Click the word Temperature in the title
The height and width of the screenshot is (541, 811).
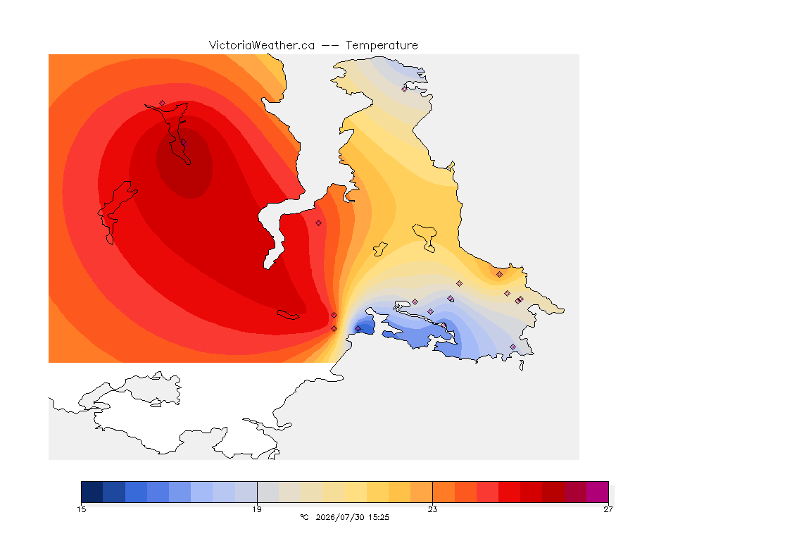tap(382, 46)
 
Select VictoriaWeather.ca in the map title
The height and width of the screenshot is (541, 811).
tap(262, 46)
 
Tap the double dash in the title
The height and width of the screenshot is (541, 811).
tap(330, 46)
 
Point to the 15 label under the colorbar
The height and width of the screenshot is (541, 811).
tap(81, 509)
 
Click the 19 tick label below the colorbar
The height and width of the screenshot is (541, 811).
tap(257, 509)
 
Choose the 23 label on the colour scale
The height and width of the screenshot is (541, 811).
tap(432, 509)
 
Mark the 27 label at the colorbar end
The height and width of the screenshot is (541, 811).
tap(608, 509)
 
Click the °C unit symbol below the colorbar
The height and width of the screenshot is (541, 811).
tap(304, 517)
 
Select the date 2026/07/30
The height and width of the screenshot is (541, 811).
tap(340, 517)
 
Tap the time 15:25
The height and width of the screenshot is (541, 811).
tap(379, 517)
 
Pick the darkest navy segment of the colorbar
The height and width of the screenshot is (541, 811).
tap(92, 492)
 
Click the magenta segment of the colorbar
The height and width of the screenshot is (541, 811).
tap(598, 492)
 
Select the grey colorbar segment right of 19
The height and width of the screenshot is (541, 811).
tap(268, 492)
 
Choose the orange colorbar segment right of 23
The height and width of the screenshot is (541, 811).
tap(444, 492)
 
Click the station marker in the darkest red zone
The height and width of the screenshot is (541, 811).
tap(183, 142)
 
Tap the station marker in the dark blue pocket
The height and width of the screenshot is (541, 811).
tap(358, 329)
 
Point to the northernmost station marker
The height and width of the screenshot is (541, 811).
tap(405, 89)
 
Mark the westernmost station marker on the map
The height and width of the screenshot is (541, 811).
tap(163, 104)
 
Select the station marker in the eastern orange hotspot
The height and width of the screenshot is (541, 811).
tap(500, 275)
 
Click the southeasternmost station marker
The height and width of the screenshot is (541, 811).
tap(513, 347)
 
